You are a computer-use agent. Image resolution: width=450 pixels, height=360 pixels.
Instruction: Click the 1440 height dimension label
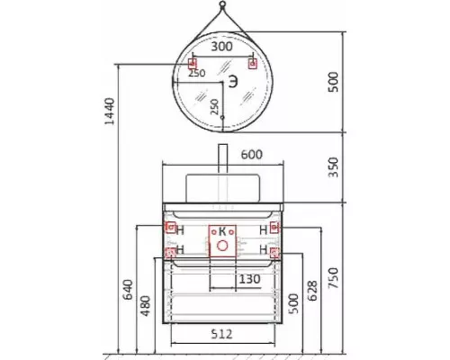click(110, 111)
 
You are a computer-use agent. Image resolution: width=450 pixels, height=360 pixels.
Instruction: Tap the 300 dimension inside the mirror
click(222, 47)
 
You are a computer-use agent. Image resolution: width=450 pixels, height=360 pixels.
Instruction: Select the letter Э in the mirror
click(233, 82)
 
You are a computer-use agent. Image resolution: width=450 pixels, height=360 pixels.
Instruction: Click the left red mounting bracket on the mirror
click(192, 64)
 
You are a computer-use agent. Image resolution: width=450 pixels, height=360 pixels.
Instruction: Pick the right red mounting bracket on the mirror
click(253, 64)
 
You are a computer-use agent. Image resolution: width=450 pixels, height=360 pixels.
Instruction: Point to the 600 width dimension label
click(252, 155)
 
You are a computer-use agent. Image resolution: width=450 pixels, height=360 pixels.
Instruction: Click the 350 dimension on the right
click(333, 166)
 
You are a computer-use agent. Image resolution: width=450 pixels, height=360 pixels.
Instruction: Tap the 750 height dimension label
click(333, 278)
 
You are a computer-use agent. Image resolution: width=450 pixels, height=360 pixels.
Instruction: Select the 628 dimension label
click(312, 291)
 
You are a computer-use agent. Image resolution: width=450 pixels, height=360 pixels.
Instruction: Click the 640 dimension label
click(128, 290)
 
